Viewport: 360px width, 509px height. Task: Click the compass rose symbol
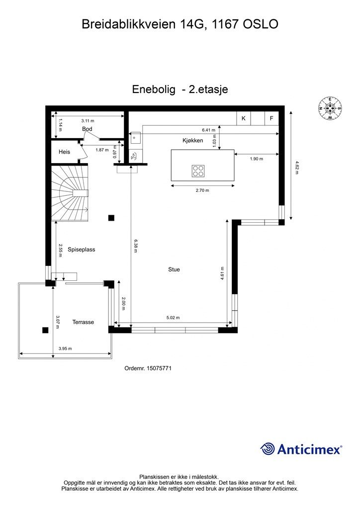[x=330, y=108]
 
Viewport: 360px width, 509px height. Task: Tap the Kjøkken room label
[x=193, y=141]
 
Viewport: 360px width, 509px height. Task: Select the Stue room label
[x=174, y=269]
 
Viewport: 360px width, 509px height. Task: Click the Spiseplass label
[x=81, y=250]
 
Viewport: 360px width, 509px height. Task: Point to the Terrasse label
[x=83, y=322]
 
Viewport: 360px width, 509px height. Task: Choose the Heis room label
[x=64, y=152]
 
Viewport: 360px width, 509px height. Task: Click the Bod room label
[x=88, y=129]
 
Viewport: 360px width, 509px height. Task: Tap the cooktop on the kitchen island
[x=198, y=170]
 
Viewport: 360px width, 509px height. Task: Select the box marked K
[x=244, y=118]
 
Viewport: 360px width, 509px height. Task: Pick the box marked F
[x=271, y=118]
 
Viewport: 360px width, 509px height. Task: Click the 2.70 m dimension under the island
[x=202, y=190]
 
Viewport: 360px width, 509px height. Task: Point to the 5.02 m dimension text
[x=173, y=318]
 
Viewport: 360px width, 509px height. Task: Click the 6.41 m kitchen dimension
[x=208, y=129]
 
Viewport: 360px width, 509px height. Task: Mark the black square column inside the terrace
[x=45, y=330]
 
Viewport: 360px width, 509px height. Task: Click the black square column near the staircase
[x=111, y=217]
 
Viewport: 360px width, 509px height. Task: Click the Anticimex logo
[x=301, y=449]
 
